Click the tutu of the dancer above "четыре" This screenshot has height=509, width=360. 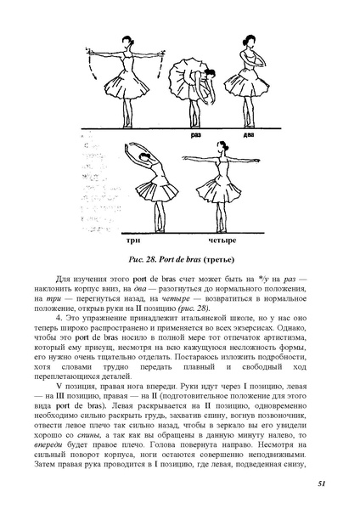point(213,191)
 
